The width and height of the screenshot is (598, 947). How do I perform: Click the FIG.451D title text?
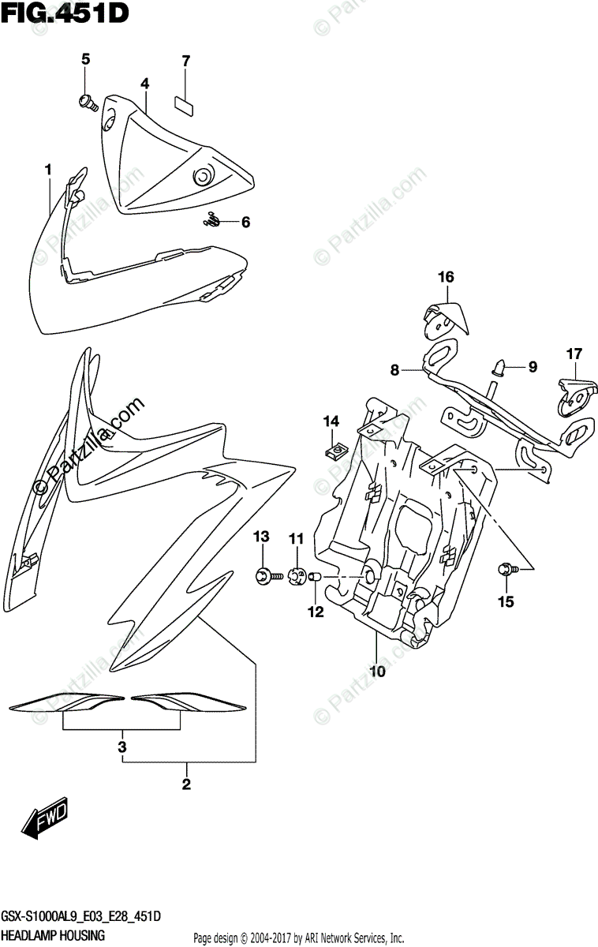pyautogui.click(x=65, y=13)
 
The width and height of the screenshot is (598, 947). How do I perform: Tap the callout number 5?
pyautogui.click(x=86, y=58)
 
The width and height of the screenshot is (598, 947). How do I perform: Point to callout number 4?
pyautogui.click(x=145, y=83)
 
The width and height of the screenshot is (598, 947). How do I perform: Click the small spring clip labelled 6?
pyautogui.click(x=211, y=221)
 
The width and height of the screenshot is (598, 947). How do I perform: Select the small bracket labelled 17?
pyautogui.click(x=574, y=395)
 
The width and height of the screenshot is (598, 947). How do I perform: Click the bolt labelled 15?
pyautogui.click(x=505, y=569)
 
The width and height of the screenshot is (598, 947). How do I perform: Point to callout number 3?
pyautogui.click(x=122, y=746)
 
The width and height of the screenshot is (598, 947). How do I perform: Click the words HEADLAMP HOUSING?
pyautogui.click(x=54, y=937)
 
